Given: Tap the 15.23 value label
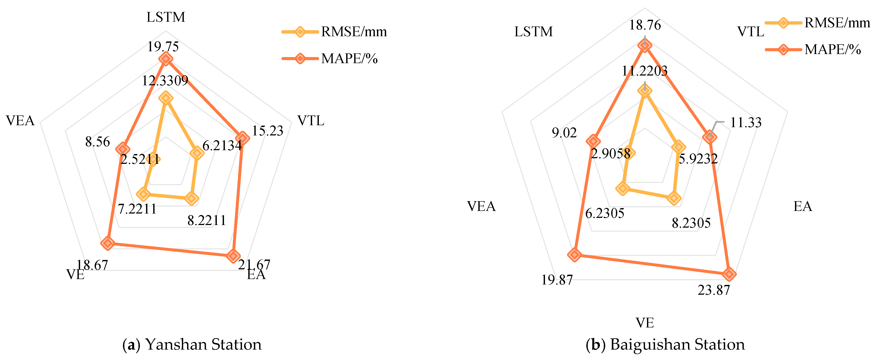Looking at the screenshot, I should [x=268, y=131].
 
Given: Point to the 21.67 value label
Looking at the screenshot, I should [x=254, y=265].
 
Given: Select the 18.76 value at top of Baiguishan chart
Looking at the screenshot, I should [x=645, y=25].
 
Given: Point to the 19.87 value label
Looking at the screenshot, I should [x=557, y=280].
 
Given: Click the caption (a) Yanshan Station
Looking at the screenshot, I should [x=192, y=344].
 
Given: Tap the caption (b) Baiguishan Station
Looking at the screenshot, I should [x=665, y=344].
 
